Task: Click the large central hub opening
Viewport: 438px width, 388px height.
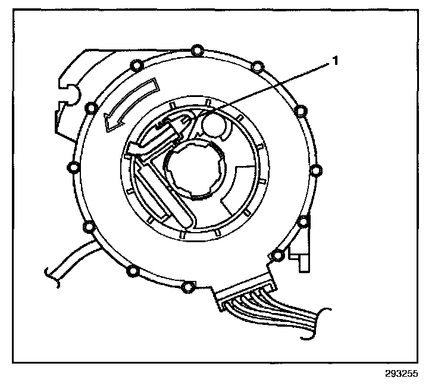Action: coord(193,169)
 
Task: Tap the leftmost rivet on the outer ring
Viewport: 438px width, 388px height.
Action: coord(74,169)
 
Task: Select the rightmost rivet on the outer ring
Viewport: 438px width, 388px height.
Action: coord(315,170)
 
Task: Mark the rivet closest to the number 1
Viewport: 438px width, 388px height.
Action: coord(256,65)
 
